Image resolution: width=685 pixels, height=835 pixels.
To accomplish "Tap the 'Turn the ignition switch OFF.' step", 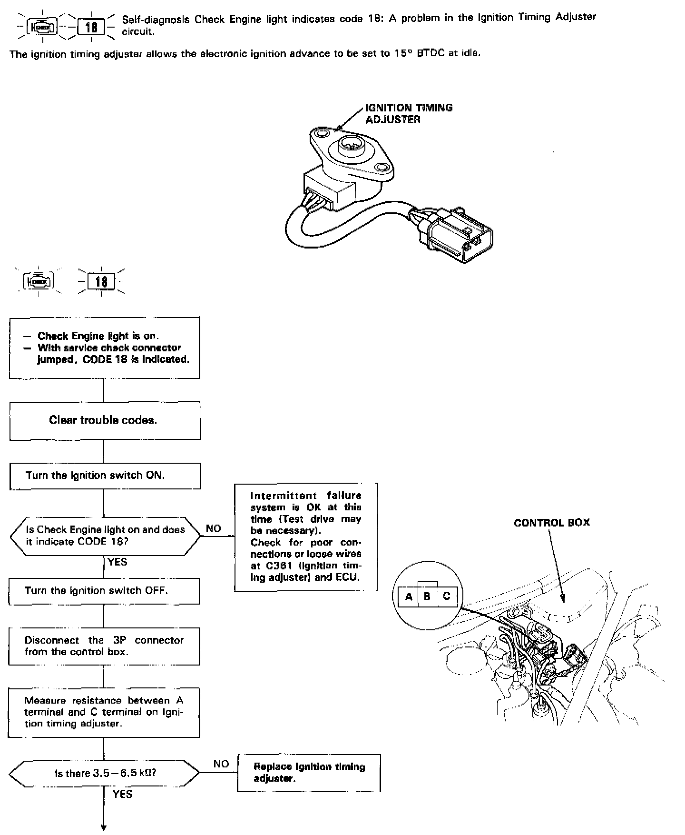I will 104,591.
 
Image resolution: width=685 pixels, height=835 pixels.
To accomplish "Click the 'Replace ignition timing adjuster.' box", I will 309,773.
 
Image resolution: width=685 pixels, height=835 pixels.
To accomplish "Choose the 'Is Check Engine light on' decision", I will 105,536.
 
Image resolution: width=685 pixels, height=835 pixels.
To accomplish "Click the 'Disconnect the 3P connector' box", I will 104,646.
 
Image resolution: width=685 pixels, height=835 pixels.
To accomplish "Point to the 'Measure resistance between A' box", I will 104,712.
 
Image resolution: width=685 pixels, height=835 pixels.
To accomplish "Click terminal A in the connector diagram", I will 409,596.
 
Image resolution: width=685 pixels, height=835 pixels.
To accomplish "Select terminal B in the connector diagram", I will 427,596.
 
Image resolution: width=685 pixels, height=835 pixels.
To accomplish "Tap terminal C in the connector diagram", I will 446,596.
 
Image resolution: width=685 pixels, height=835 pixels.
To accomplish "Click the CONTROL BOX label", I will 552,523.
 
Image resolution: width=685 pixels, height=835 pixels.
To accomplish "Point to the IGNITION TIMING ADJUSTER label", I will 409,113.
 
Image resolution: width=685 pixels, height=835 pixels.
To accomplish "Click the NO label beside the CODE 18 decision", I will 214,529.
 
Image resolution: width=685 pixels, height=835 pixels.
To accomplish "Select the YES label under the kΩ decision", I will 122,794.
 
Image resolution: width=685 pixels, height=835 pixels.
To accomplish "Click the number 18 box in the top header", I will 91,27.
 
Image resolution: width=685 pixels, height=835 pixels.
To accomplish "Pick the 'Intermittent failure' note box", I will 306,537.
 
